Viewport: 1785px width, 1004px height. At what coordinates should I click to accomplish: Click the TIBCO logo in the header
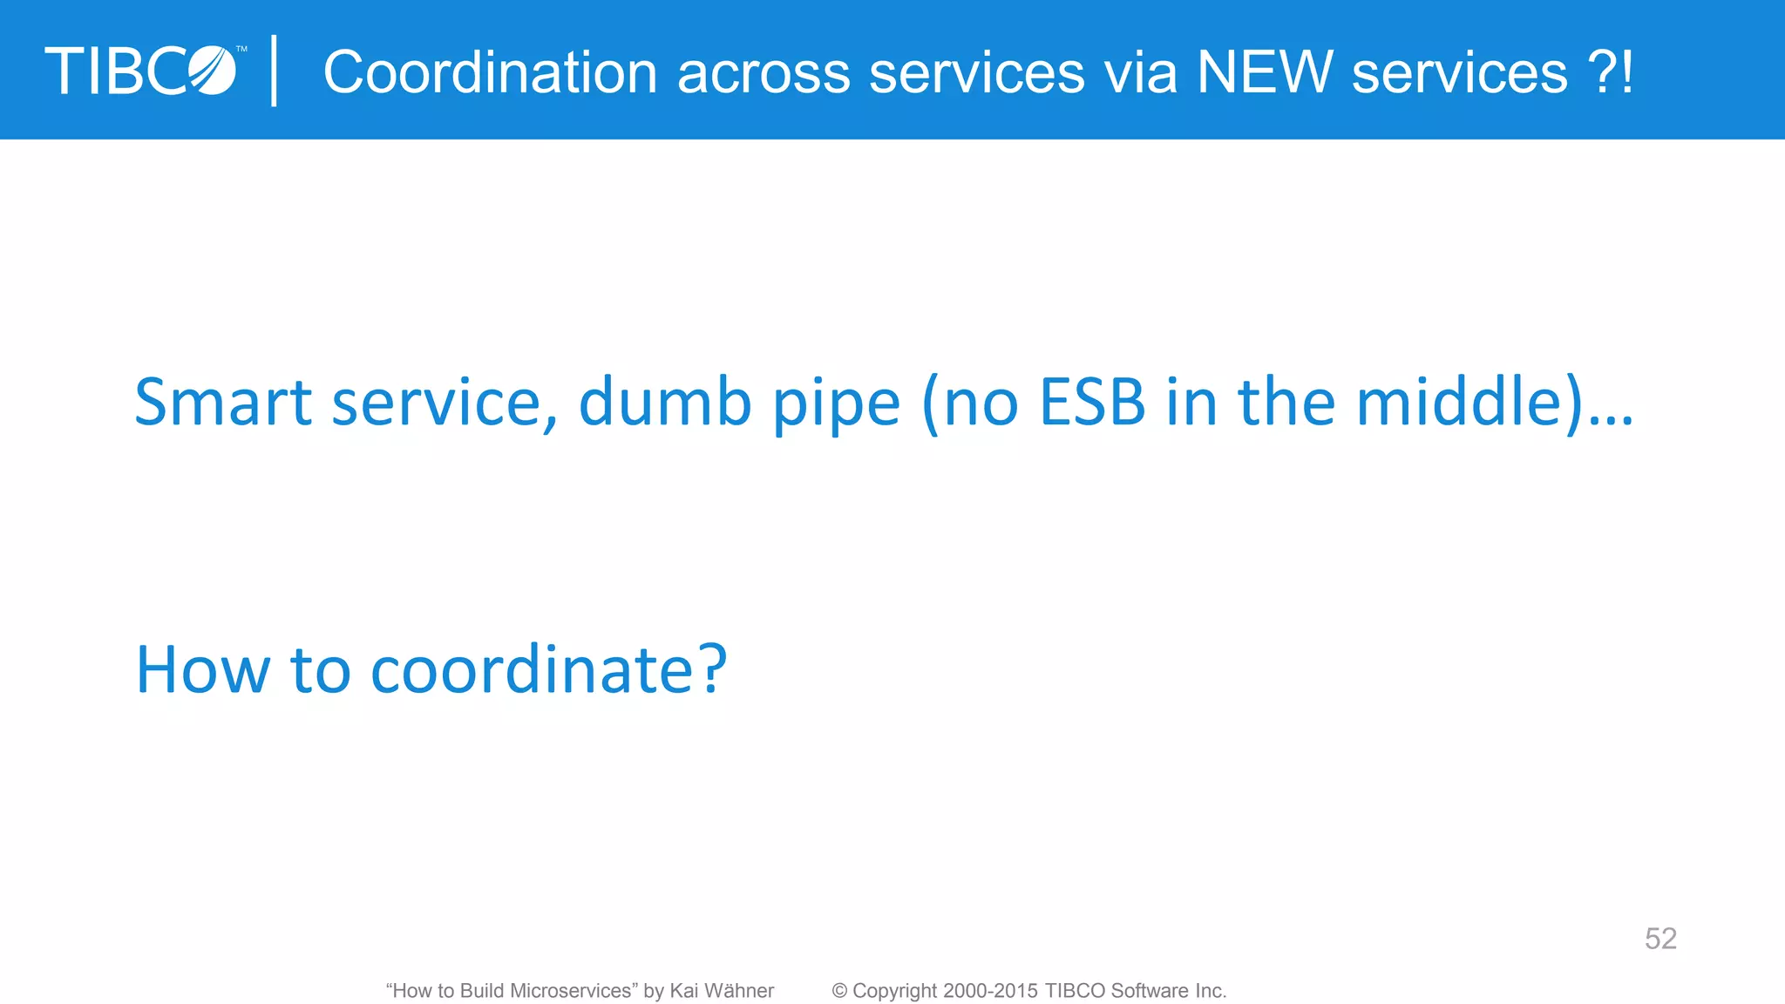(x=141, y=71)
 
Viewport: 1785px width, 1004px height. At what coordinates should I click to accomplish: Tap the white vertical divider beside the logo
(x=275, y=71)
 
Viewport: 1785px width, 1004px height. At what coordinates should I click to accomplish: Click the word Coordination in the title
(x=490, y=72)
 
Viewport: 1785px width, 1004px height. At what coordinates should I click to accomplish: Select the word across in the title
(x=764, y=73)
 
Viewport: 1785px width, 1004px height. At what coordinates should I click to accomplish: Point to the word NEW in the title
(x=1265, y=72)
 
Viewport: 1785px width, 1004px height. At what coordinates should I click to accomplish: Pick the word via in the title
(x=1141, y=72)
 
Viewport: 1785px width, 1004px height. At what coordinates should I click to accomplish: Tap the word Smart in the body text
(x=223, y=402)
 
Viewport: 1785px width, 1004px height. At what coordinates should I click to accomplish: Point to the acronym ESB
(x=1092, y=402)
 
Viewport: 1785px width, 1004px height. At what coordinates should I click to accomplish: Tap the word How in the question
(x=203, y=669)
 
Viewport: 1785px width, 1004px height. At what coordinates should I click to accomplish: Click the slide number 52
(x=1660, y=939)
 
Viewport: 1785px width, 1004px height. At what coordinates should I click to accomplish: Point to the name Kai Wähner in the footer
(x=722, y=991)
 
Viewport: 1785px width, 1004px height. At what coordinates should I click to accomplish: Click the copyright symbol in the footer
(x=839, y=991)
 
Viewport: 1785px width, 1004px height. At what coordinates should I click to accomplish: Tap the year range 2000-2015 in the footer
(x=990, y=991)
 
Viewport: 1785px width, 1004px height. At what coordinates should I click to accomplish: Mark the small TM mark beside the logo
(x=241, y=50)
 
